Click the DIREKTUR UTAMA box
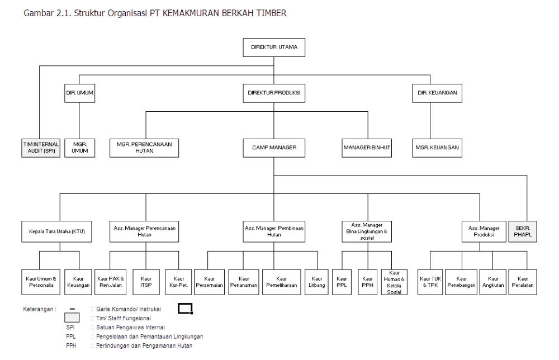tap(274, 48)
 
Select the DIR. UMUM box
tap(79, 93)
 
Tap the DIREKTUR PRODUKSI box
tap(274, 93)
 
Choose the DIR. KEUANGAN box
tap(437, 93)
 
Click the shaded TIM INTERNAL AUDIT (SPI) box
tap(41, 148)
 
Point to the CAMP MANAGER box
tap(274, 148)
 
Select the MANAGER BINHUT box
tap(367, 148)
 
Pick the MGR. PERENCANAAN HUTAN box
tap(144, 148)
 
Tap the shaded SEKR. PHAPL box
tap(523, 231)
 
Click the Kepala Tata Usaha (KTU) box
tap(56, 231)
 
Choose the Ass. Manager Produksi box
tap(484, 231)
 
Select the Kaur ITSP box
tap(146, 282)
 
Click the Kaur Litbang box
tap(316, 282)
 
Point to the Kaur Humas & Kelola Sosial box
tap(394, 282)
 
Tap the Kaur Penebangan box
tap(461, 282)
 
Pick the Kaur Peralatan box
tap(522, 282)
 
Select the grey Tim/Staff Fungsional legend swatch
tap(72, 318)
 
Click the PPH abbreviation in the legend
tap(71, 345)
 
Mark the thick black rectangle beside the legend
tap(185, 304)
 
